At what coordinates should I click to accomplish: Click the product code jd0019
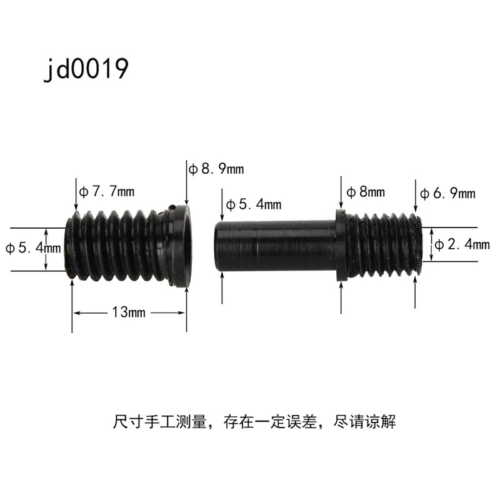coord(86,69)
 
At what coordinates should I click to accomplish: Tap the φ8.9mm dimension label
coord(216,169)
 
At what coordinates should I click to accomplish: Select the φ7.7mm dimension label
coord(107,191)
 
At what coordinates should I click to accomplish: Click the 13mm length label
coord(129,312)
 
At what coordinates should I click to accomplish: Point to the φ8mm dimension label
coord(366,192)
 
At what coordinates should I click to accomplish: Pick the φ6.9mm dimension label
coord(447,193)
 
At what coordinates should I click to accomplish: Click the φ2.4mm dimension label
coord(462,244)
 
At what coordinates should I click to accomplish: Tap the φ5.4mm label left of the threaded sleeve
coord(33,247)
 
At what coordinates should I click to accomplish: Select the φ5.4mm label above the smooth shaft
coord(254,204)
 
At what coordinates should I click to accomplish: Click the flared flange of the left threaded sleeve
coord(180,246)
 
